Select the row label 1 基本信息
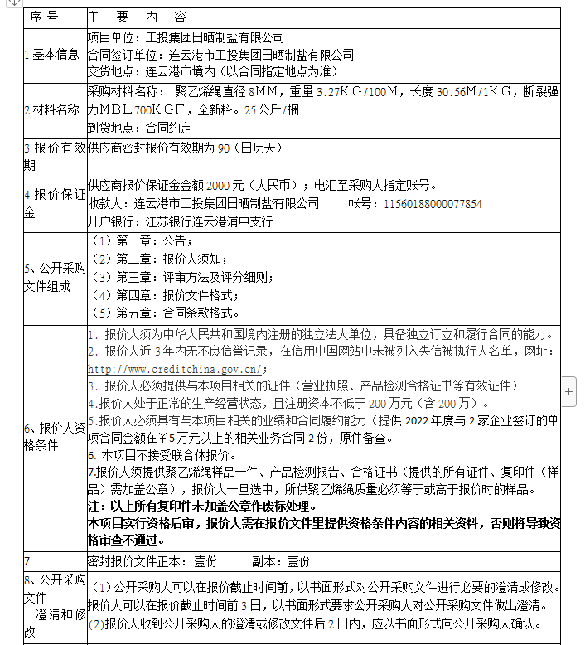52,55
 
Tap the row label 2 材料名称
52,109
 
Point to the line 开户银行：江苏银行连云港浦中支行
180,221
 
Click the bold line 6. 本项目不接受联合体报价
162,455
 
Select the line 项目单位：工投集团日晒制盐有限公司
186,37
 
